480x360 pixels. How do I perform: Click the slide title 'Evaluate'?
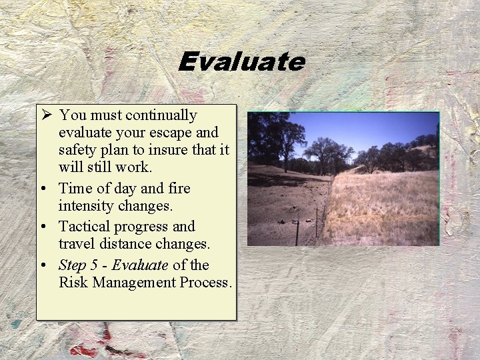(x=241, y=62)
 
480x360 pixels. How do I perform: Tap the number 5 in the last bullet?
(x=95, y=265)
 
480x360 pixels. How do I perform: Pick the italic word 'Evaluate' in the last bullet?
(x=139, y=265)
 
